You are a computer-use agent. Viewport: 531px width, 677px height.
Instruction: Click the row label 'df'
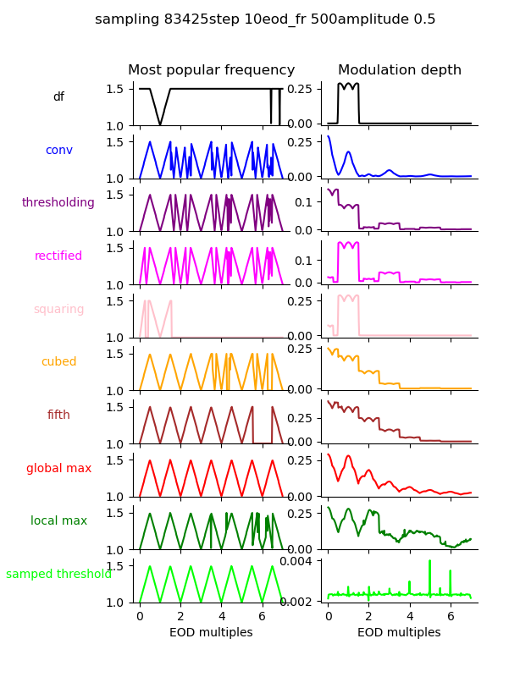[x=58, y=97]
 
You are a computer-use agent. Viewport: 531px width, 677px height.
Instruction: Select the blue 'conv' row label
[x=58, y=150]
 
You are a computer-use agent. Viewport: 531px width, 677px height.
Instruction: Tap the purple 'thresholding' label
[x=58, y=203]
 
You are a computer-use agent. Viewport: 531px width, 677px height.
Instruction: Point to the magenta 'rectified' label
[x=58, y=256]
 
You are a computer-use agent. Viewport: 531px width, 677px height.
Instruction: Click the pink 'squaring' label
[x=58, y=309]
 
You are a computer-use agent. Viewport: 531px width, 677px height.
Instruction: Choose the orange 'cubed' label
[x=58, y=362]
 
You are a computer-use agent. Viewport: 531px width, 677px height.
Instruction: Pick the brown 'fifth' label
[x=58, y=416]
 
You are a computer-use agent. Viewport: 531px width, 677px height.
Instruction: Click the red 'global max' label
[x=58, y=468]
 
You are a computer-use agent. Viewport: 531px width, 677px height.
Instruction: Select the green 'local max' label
[x=58, y=521]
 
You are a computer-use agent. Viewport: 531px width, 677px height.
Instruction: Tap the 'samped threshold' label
[x=58, y=574]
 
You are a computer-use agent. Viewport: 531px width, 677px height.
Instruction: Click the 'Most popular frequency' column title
[x=212, y=70]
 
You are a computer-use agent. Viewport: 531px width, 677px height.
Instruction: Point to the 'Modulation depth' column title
[x=400, y=70]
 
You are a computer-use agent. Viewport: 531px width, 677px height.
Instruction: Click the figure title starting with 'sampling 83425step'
[x=265, y=19]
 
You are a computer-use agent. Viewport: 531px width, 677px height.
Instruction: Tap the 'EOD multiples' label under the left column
[x=212, y=632]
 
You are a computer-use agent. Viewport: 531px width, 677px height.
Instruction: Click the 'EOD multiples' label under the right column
[x=400, y=632]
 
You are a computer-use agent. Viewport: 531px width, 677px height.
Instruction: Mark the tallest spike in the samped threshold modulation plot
[x=429, y=561]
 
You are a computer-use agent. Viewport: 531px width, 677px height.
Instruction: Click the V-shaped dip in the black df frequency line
[x=160, y=124]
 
